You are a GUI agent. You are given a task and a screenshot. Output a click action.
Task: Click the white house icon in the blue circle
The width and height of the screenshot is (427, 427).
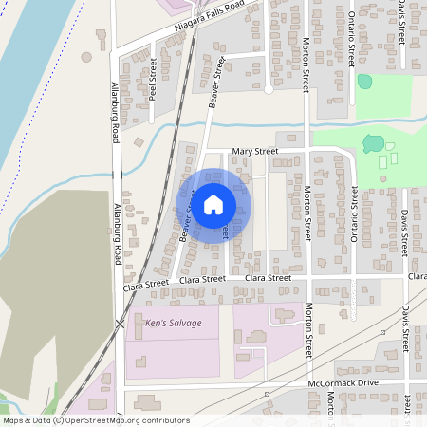point(213,204)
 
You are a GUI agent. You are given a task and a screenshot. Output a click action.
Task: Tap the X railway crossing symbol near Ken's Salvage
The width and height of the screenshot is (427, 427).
point(121,324)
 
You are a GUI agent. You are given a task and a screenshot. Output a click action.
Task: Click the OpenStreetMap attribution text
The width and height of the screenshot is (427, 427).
point(95,420)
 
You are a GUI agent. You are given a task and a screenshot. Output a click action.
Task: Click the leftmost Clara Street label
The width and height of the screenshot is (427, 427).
point(145,283)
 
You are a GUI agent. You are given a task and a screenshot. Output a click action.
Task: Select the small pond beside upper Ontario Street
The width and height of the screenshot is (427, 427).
point(364,82)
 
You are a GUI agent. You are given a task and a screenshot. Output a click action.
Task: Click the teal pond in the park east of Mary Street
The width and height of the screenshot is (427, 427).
point(372,144)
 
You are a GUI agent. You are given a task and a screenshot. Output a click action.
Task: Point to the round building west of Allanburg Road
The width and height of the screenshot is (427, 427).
point(86,57)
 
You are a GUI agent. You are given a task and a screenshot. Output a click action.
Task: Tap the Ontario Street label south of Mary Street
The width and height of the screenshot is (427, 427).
point(354,214)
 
